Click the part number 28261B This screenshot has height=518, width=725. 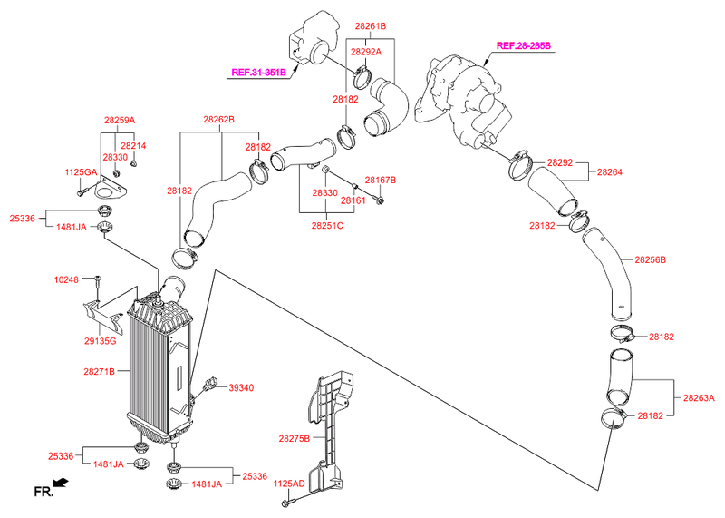371,27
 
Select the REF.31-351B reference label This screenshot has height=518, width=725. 258,72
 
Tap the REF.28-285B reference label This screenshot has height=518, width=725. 523,44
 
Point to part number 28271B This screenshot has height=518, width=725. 100,371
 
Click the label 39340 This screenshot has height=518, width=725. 240,387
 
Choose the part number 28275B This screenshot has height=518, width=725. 295,438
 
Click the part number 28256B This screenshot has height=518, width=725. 650,259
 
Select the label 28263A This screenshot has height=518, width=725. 699,397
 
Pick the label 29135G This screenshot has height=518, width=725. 100,340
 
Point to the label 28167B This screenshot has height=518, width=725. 381,180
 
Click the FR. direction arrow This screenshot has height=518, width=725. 60,484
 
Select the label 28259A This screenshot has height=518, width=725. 119,120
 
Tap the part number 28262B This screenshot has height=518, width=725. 218,120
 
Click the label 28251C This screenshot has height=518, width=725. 327,225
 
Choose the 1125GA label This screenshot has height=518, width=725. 80,171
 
